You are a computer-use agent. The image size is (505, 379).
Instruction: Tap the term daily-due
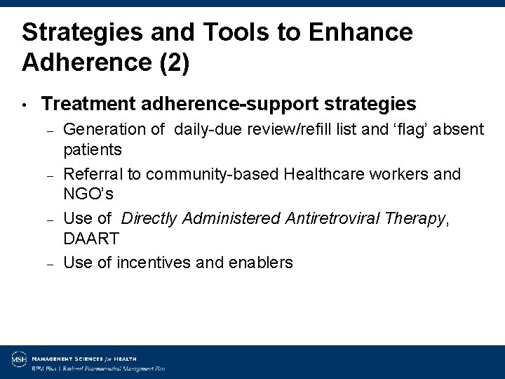[x=208, y=129]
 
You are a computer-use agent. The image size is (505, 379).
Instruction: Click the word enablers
[x=257, y=263]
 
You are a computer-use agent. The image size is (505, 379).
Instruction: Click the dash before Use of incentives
[x=50, y=264]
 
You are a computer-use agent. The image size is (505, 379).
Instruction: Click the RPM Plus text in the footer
[x=43, y=367]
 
